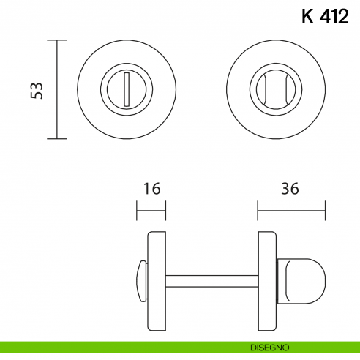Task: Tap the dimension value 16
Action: (151, 189)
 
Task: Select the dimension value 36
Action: (290, 189)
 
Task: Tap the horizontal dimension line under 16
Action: (151, 213)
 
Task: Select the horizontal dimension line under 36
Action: (290, 213)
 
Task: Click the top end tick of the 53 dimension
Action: (57, 40)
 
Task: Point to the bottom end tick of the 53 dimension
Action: (57, 138)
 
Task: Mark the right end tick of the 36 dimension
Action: (324, 213)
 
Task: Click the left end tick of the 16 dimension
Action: (138, 213)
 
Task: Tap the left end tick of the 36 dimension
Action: (258, 213)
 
